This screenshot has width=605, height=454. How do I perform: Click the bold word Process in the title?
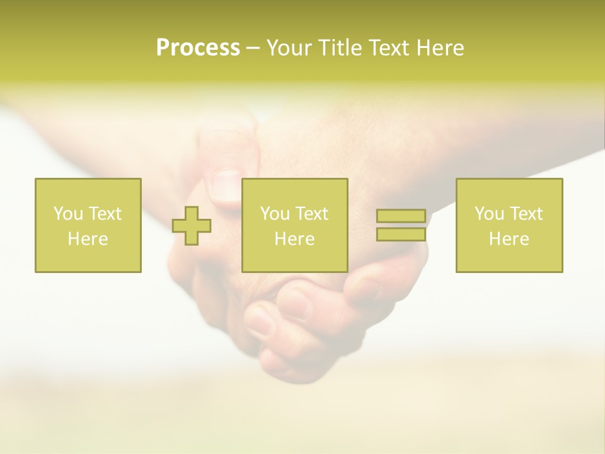coord(198,48)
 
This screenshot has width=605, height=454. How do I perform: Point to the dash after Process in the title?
coord(253,49)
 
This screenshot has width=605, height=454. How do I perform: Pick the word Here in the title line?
coord(442,48)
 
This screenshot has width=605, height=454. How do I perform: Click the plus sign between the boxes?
coord(192,226)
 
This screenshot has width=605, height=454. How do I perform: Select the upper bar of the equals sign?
coord(401,216)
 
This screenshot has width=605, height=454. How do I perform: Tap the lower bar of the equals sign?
coord(401,234)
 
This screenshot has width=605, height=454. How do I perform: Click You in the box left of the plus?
coord(67,214)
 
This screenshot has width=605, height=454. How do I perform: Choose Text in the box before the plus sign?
coord(105,214)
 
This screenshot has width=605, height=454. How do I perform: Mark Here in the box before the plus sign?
coord(88,239)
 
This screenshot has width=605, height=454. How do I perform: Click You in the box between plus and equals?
coord(274,214)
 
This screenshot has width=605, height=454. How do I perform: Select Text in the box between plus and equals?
coord(311,214)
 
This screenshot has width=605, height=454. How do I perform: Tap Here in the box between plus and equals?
coord(294,239)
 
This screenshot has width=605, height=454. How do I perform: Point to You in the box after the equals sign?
coord(488,214)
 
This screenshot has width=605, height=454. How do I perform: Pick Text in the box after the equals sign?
coord(526,214)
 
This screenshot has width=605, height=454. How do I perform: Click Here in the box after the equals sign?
coord(509,239)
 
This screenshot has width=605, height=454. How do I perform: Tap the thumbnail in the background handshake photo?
coord(226,187)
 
